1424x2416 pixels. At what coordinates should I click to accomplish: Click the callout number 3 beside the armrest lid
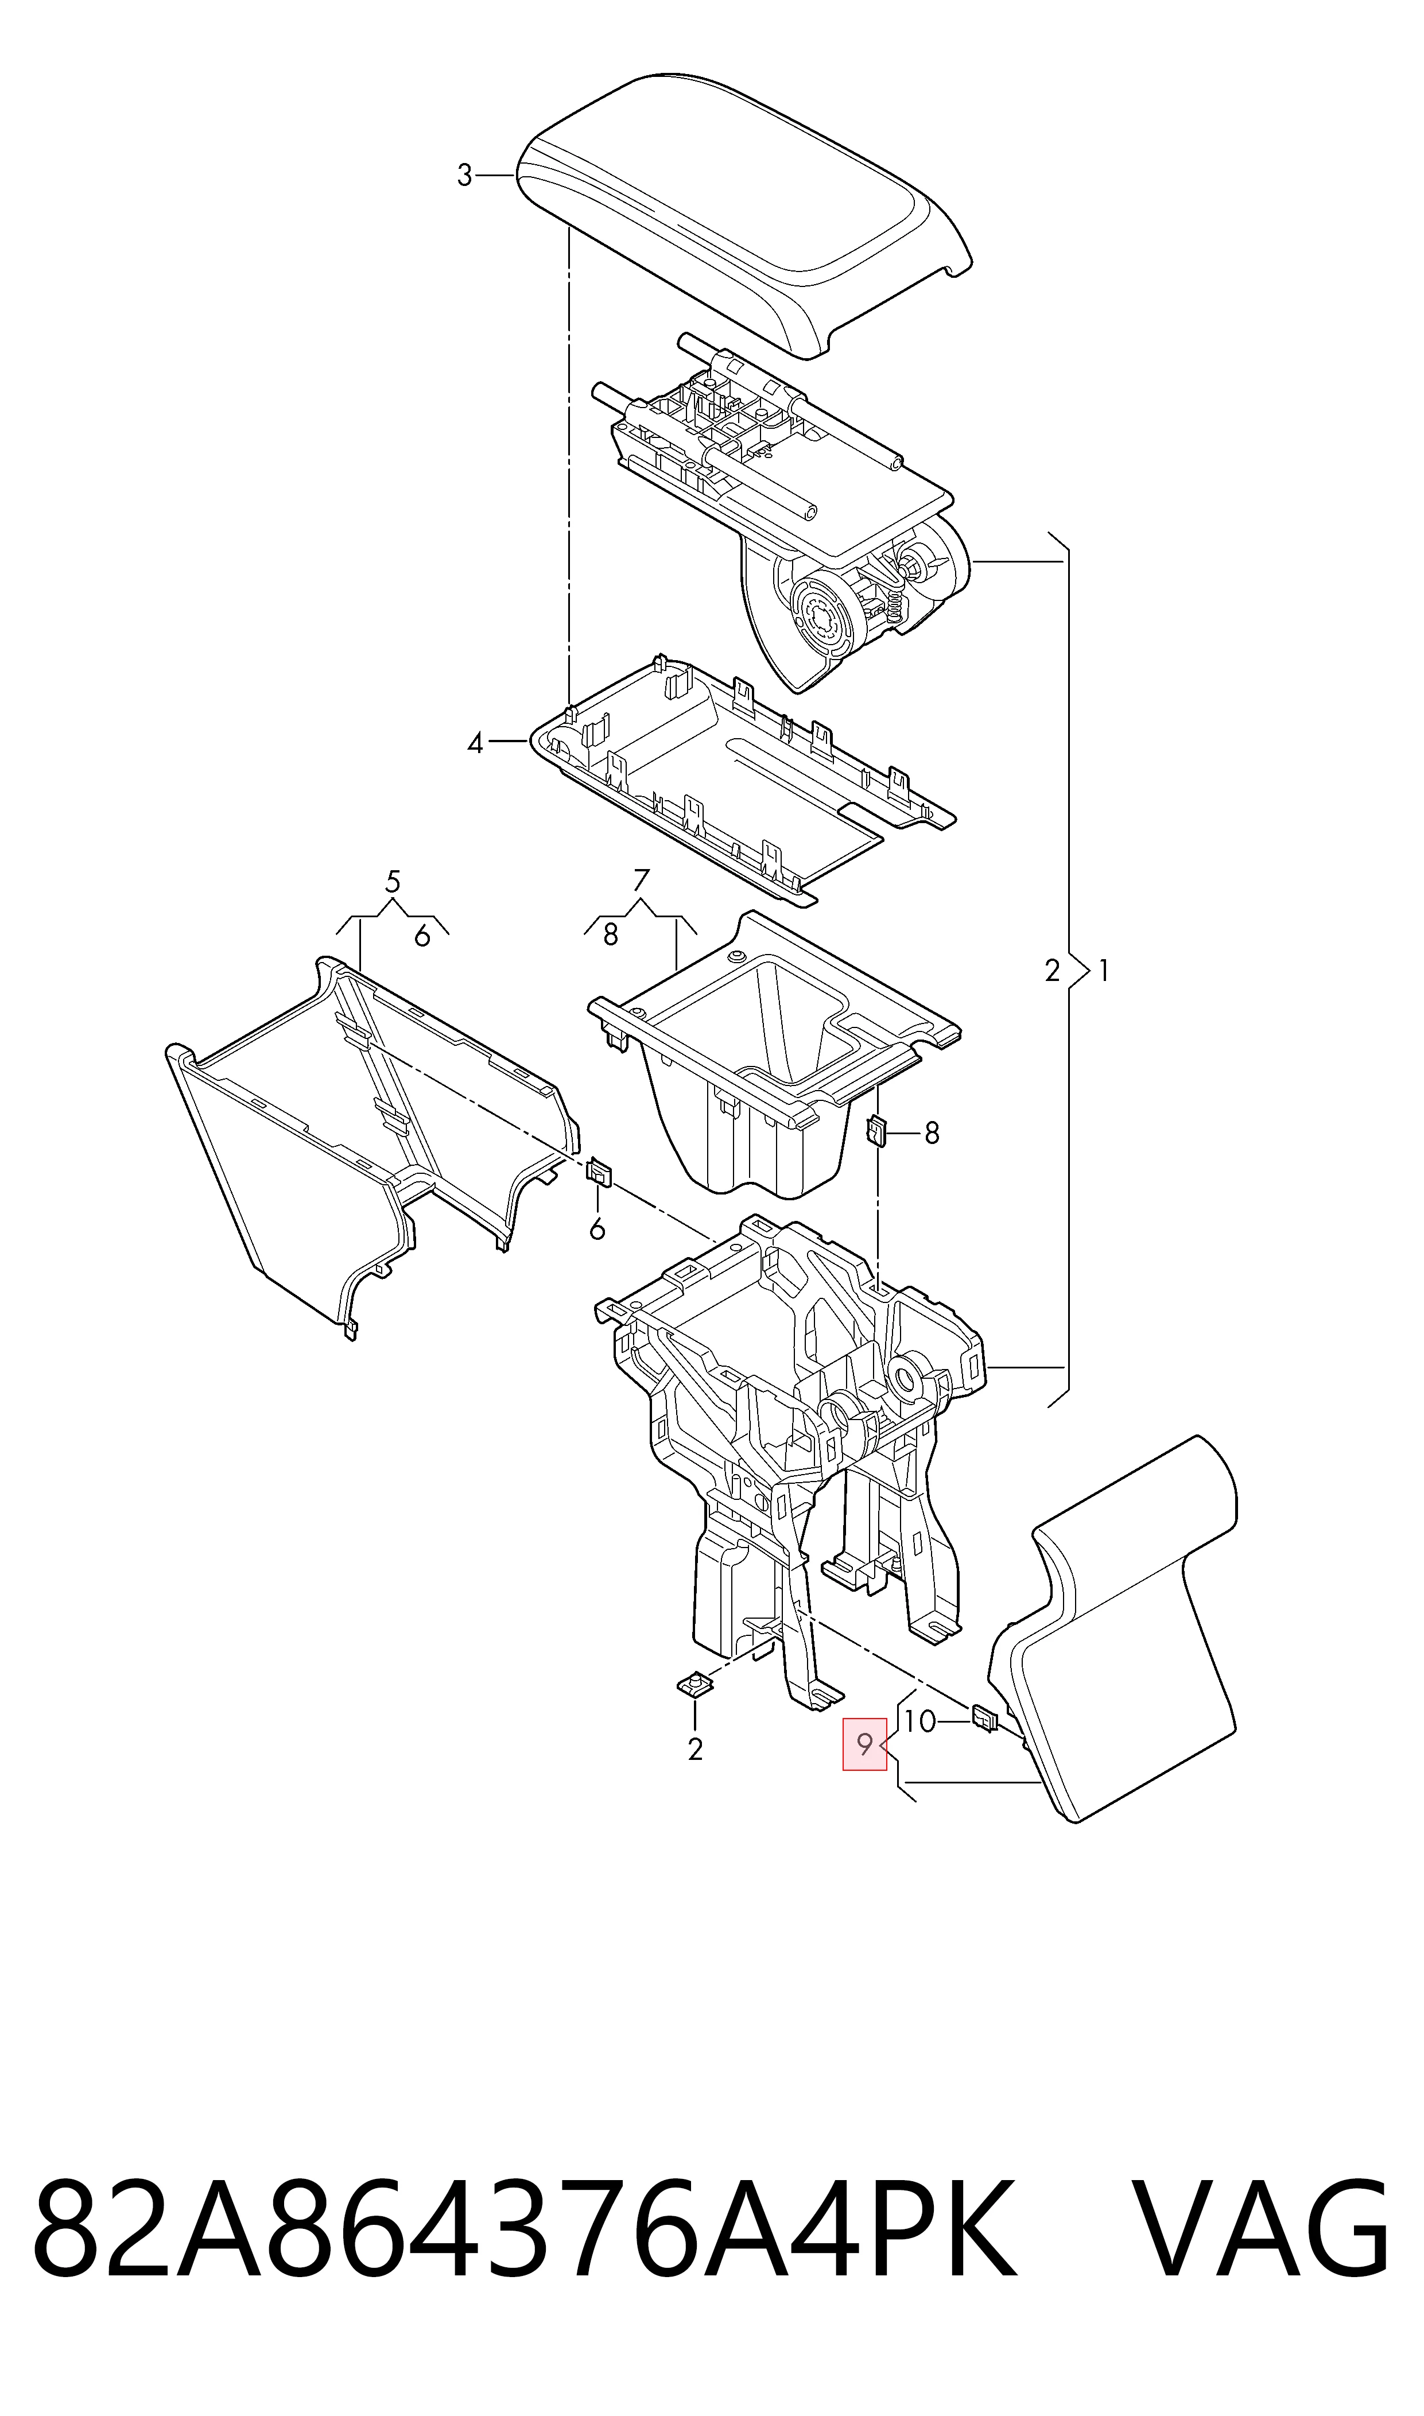pos(464,176)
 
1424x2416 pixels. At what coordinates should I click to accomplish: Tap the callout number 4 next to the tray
pos(475,743)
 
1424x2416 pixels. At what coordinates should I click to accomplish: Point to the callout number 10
pos(919,1721)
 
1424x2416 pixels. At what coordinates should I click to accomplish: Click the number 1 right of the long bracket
pos(1104,971)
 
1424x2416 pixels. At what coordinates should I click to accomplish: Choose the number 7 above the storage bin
pos(642,880)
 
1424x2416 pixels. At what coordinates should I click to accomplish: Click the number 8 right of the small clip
pos(932,1133)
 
